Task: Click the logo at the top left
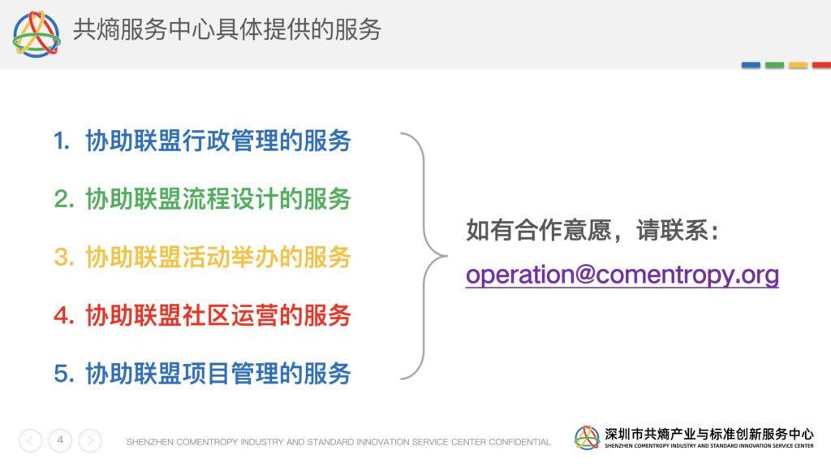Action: pos(37,34)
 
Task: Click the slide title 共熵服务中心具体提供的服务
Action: pos(227,29)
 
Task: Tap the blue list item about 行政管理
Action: pos(202,141)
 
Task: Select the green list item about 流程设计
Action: pos(202,200)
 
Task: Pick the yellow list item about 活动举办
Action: pos(202,258)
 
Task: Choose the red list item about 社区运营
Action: pos(202,315)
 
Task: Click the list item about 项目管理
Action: pos(202,374)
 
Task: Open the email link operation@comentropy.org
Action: pos(622,275)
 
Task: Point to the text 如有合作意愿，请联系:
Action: pos(592,230)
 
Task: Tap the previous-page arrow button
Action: pos(30,440)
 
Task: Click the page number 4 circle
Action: pos(60,440)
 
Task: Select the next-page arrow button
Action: pos(90,440)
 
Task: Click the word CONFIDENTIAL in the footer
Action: pos(519,442)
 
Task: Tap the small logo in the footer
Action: pos(587,438)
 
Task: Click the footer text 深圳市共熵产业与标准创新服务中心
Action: pos(709,434)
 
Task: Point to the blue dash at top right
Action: pos(751,65)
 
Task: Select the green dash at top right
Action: pos(774,65)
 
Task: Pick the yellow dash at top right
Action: pos(799,65)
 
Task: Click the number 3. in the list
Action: pos(63,258)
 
